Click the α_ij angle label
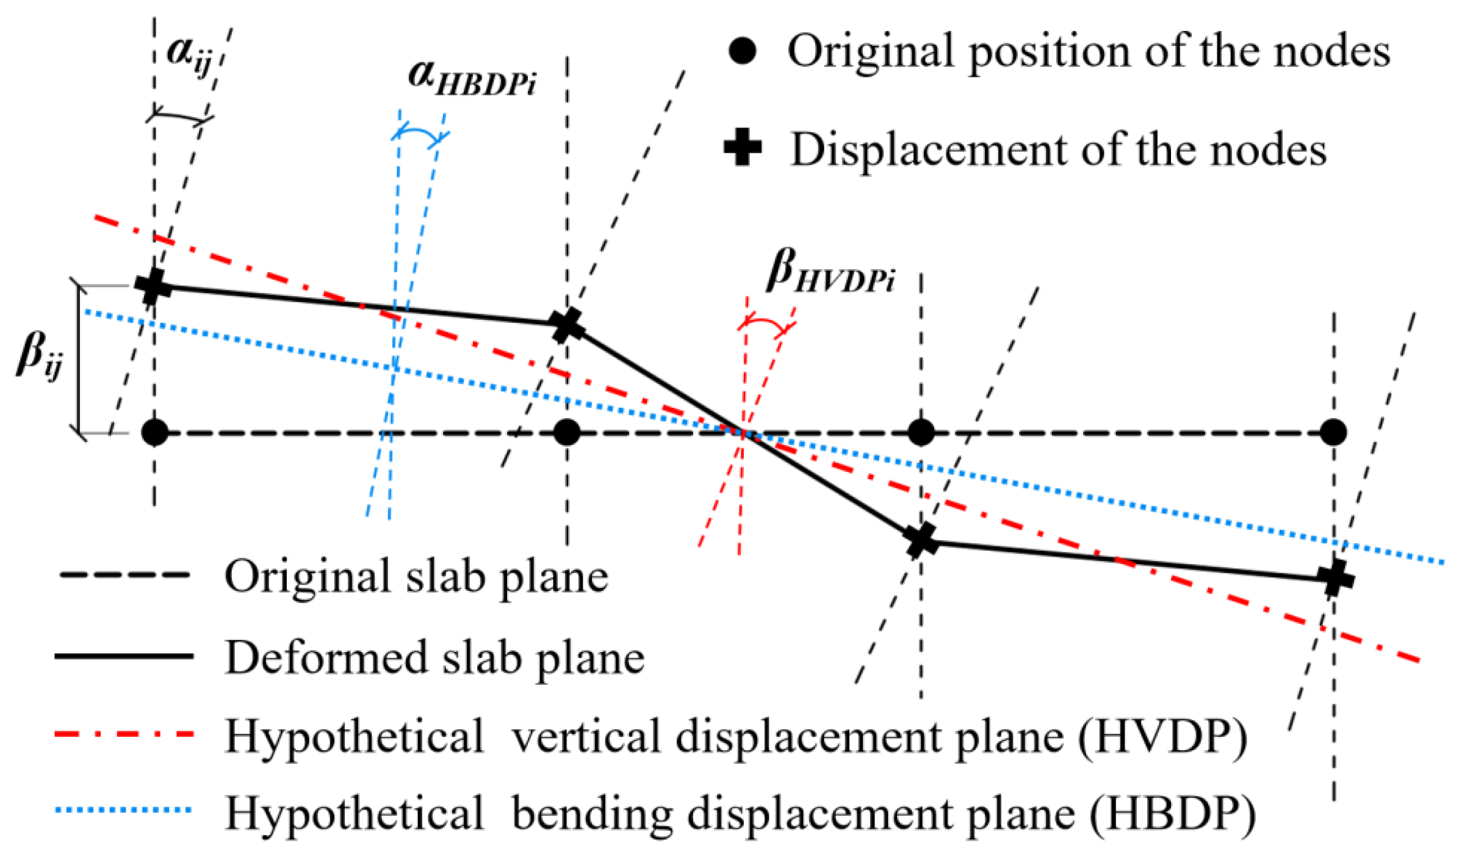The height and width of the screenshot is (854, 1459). click(x=189, y=56)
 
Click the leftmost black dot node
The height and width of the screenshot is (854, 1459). click(x=154, y=433)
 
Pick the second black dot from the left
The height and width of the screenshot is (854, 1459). click(x=567, y=433)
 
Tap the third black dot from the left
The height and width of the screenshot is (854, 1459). click(x=921, y=433)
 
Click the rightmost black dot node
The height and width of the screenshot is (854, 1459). click(x=1333, y=433)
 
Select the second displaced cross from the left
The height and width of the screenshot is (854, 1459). click(x=567, y=325)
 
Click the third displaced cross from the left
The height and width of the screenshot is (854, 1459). click(x=921, y=540)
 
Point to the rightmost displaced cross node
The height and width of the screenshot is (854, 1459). click(x=1335, y=578)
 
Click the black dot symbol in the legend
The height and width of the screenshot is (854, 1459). click(x=743, y=51)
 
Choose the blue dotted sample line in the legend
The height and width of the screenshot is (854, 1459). click(x=124, y=811)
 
